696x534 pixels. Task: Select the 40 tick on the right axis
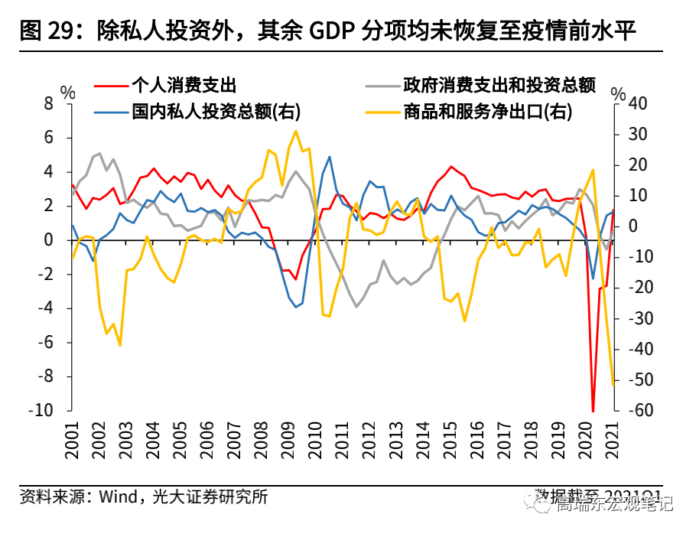(x=638, y=103)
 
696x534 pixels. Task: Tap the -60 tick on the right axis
(x=636, y=411)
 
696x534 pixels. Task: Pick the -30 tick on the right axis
(x=636, y=318)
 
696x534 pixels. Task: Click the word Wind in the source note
(x=115, y=497)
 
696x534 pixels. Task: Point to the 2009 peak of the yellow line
(x=295, y=131)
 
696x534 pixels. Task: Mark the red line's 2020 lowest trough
(x=594, y=411)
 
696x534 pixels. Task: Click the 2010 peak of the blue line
(x=330, y=157)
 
